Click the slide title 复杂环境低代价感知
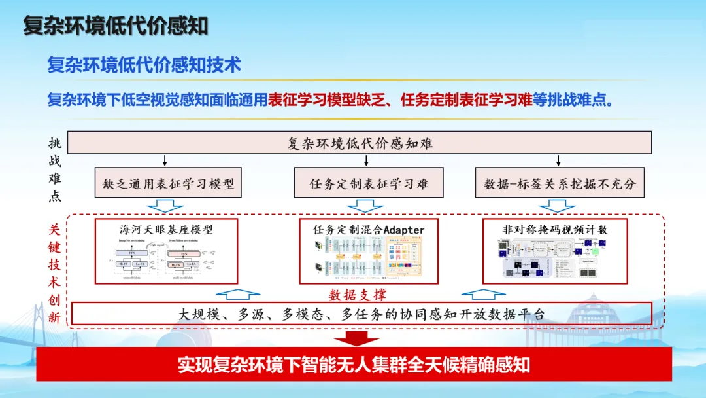click(x=116, y=26)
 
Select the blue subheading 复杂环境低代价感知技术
click(x=144, y=65)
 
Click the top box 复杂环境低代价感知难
click(x=360, y=143)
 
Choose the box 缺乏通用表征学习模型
click(x=168, y=184)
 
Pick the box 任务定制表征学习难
click(x=369, y=184)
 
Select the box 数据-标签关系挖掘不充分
click(x=559, y=184)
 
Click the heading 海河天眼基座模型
click(x=166, y=229)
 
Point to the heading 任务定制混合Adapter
click(x=369, y=230)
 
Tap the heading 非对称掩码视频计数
click(x=555, y=229)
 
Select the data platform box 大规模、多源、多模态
click(x=361, y=314)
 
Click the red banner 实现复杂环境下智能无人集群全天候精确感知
click(x=354, y=365)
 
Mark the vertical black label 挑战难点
click(x=55, y=170)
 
